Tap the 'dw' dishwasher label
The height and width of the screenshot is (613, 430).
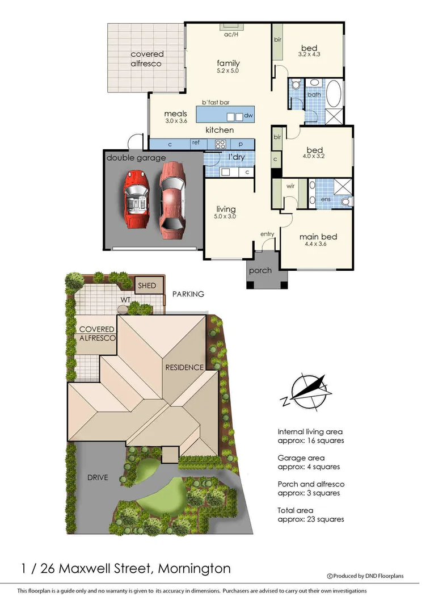click(x=248, y=116)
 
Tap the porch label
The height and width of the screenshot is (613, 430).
click(x=260, y=270)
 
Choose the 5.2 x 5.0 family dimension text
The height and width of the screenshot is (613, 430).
click(x=228, y=72)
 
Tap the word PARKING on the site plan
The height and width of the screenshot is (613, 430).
click(x=188, y=294)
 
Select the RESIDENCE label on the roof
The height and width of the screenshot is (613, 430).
click(x=184, y=367)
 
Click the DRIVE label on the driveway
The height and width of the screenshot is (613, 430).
click(x=98, y=477)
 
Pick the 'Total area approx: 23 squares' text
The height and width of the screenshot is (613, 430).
click(x=310, y=514)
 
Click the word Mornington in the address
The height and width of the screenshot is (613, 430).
click(x=195, y=568)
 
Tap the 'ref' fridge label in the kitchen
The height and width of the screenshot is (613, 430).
click(x=195, y=142)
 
